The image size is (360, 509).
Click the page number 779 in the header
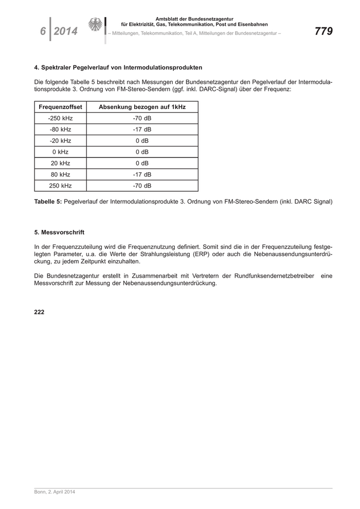coord(323,31)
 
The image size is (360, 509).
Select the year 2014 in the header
coord(65,31)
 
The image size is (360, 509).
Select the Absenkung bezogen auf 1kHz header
coord(142,107)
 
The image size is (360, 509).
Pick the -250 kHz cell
coord(61,118)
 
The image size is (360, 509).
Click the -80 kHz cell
coord(61,130)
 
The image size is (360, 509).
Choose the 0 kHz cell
coord(61,152)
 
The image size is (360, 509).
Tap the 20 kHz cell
coord(61,163)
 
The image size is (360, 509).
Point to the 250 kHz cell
coord(61,186)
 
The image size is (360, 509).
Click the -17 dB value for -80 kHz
coord(142,130)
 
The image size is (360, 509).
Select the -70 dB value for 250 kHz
coord(142,186)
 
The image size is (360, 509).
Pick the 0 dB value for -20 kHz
coord(142,141)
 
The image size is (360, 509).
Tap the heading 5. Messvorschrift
coord(59,232)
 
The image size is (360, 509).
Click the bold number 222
coord(40,312)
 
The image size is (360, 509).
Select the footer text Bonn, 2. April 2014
coord(55,492)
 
